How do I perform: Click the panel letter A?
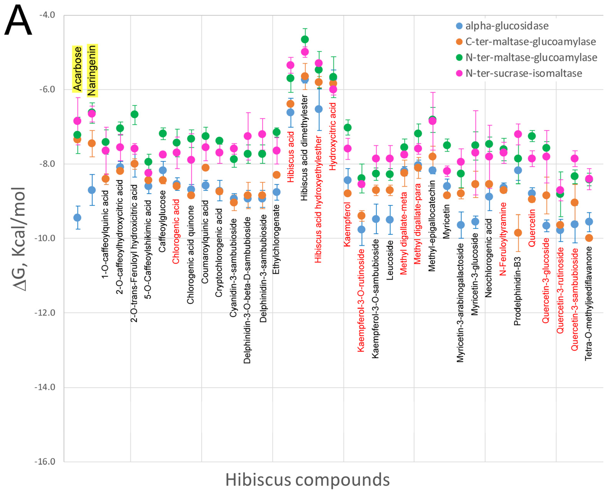tap(18, 21)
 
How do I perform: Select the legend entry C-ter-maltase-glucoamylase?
tap(530, 42)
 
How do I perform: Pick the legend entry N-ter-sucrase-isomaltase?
tap(523, 73)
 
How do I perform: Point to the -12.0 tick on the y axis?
tap(45, 313)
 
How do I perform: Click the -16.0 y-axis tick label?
tap(45, 461)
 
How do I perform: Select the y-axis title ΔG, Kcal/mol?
tap(19, 239)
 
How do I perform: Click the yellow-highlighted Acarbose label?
tap(77, 69)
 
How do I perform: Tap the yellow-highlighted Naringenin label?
tap(92, 71)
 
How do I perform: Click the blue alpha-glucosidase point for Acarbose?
tap(77, 218)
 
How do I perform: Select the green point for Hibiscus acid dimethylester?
tap(305, 39)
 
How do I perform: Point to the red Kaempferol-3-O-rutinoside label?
tap(361, 301)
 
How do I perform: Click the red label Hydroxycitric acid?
tap(333, 137)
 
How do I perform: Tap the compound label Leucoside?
tap(390, 260)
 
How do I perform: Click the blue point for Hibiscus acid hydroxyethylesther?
tap(319, 109)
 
